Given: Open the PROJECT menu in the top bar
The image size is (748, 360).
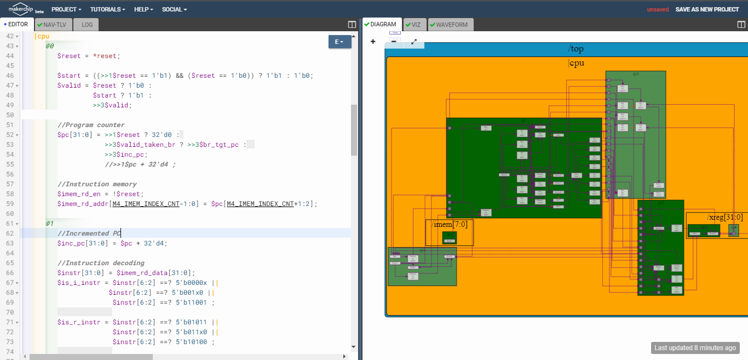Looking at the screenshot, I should tap(66, 9).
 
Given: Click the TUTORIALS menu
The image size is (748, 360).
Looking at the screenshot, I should tap(107, 9).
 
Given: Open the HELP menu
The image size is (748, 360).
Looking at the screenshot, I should tap(143, 9).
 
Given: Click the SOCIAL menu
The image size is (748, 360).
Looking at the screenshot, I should tap(174, 9).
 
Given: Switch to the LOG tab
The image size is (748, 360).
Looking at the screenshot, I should tap(87, 25).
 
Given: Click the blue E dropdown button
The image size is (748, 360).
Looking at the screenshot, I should tap(340, 42).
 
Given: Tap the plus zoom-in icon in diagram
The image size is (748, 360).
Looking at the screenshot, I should tap(373, 42).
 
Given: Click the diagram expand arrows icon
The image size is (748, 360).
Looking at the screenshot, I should tap(414, 42).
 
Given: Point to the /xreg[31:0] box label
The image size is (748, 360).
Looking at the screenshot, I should tap(724, 218).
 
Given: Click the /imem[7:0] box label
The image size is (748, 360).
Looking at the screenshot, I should tap(450, 224).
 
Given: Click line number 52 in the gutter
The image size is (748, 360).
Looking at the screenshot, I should tap(9, 135).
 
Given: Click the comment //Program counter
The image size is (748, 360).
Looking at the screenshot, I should tap(91, 125).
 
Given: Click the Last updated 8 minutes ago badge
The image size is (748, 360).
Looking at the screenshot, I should tap(695, 348).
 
